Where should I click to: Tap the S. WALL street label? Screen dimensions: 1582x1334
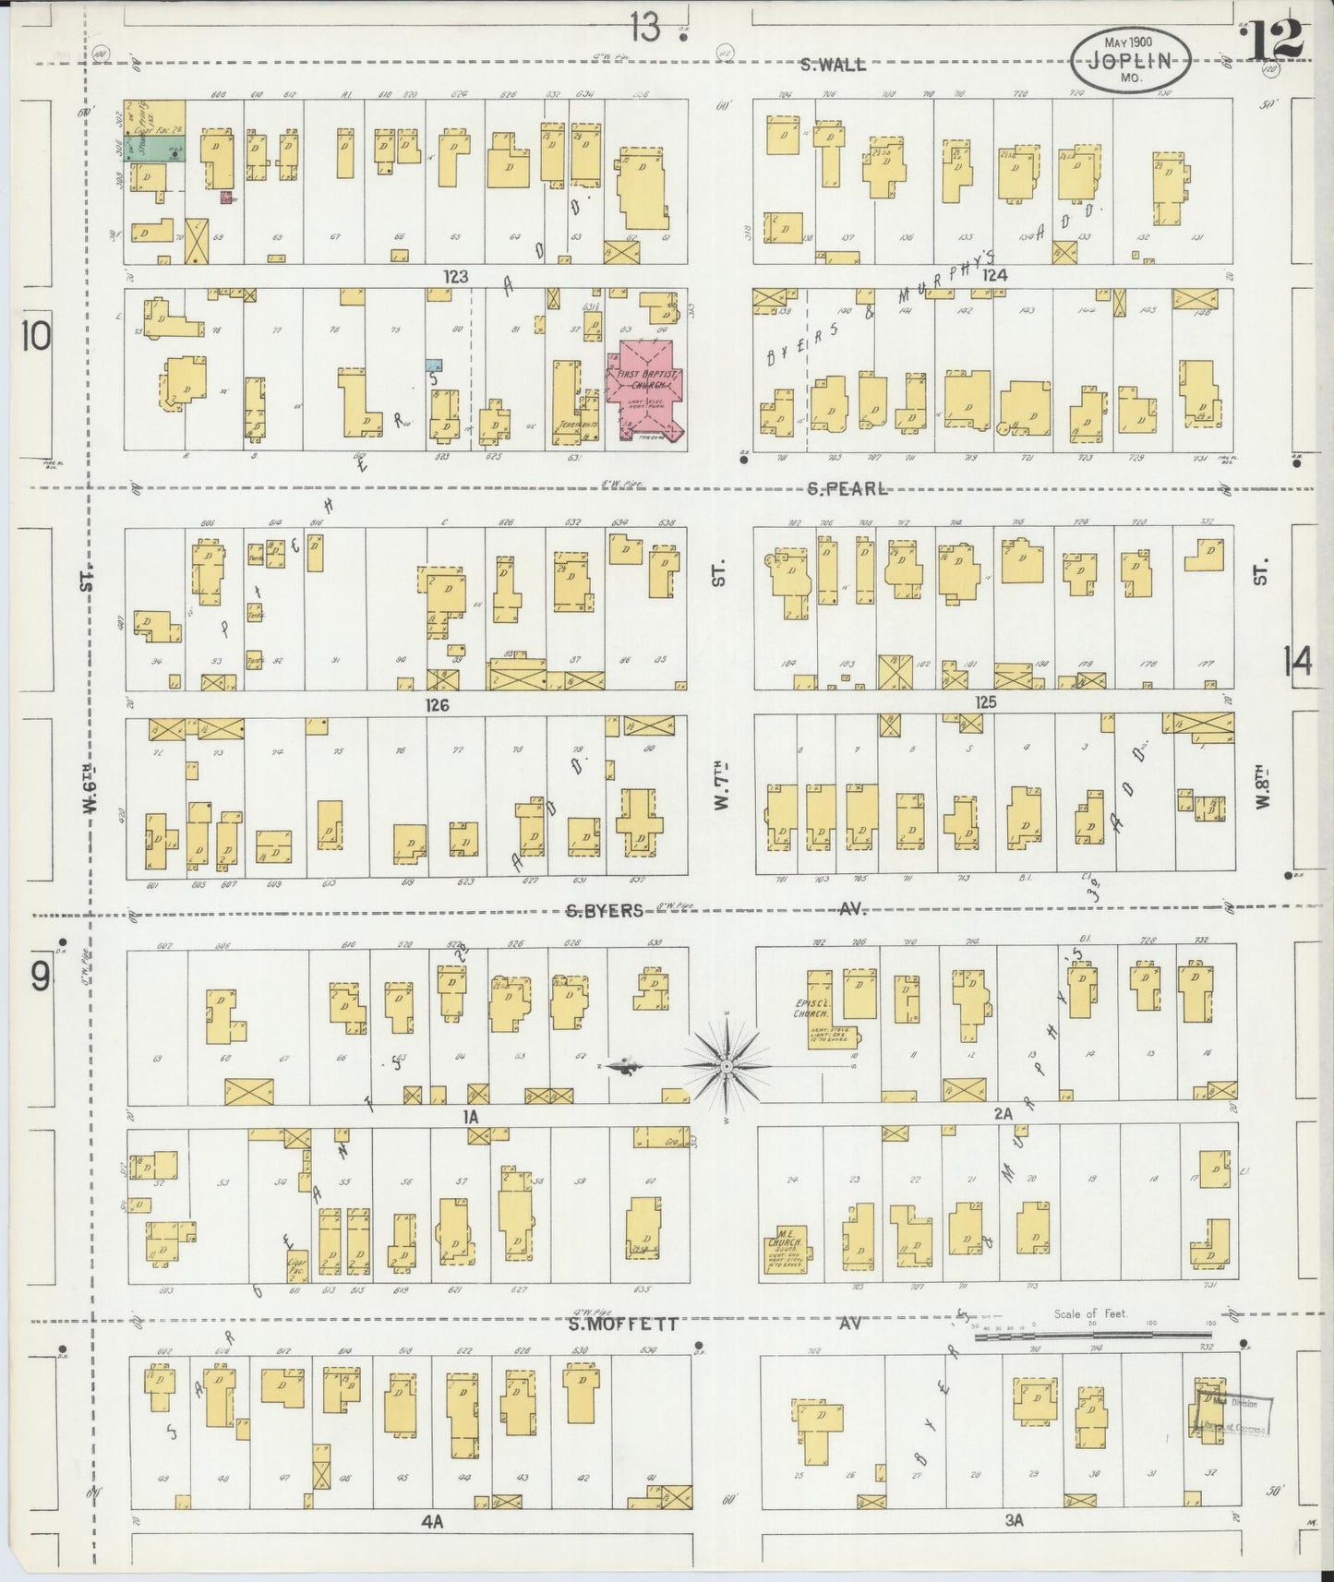tap(833, 65)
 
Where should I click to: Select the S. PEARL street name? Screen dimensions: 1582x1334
tap(840, 488)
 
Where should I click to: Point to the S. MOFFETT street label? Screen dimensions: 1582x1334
tap(623, 1324)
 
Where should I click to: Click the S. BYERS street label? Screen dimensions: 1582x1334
tap(605, 910)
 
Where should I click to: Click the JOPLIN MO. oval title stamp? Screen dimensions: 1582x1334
tap(1130, 59)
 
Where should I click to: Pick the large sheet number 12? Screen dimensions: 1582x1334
tap(1276, 39)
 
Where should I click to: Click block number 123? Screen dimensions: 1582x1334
tap(455, 275)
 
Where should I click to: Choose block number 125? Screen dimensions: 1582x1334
tap(986, 702)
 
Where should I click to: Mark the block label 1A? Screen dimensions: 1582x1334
tap(471, 1116)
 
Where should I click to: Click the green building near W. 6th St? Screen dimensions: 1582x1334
tap(154, 147)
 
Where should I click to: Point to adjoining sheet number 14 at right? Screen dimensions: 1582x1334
tap(1296, 661)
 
